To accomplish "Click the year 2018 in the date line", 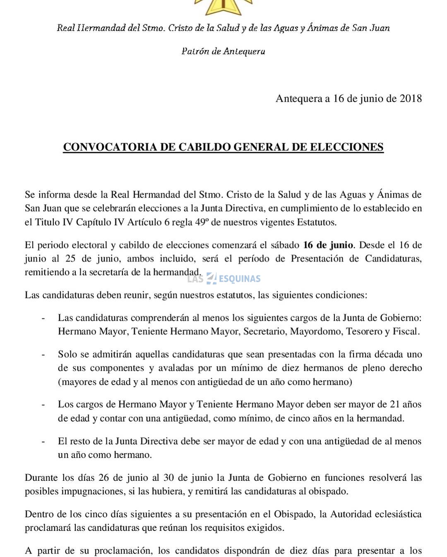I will [x=411, y=99].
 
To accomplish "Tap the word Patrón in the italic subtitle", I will [x=195, y=51].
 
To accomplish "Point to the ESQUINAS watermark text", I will [x=240, y=279].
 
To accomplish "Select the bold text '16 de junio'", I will [x=328, y=245].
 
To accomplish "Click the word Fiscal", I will [x=406, y=332].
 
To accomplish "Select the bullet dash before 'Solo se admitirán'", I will [x=43, y=355].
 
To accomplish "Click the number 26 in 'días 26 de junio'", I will [x=103, y=478].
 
